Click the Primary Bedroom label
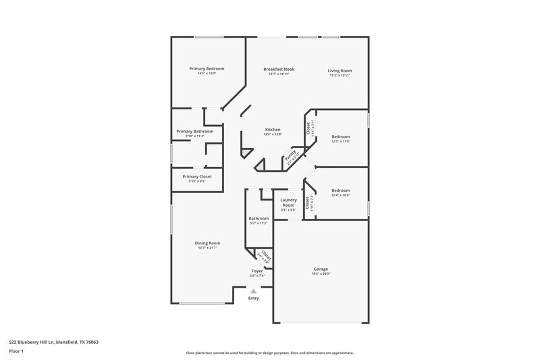click(x=207, y=69)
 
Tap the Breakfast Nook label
click(x=279, y=69)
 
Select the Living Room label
click(x=340, y=70)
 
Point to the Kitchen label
click(x=273, y=129)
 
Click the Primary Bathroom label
click(x=194, y=131)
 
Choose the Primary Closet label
click(x=196, y=176)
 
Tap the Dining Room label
click(x=208, y=243)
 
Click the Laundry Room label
click(x=289, y=203)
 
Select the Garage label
click(x=321, y=269)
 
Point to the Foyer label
click(x=257, y=270)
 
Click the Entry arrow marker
click(x=254, y=291)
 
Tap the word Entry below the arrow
click(x=253, y=298)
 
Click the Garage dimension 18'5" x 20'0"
click(x=321, y=274)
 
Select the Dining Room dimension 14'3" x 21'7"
click(x=208, y=249)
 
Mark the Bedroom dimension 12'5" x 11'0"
click(x=340, y=142)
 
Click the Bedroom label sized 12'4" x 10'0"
click(x=340, y=190)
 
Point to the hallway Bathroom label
click(x=259, y=218)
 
